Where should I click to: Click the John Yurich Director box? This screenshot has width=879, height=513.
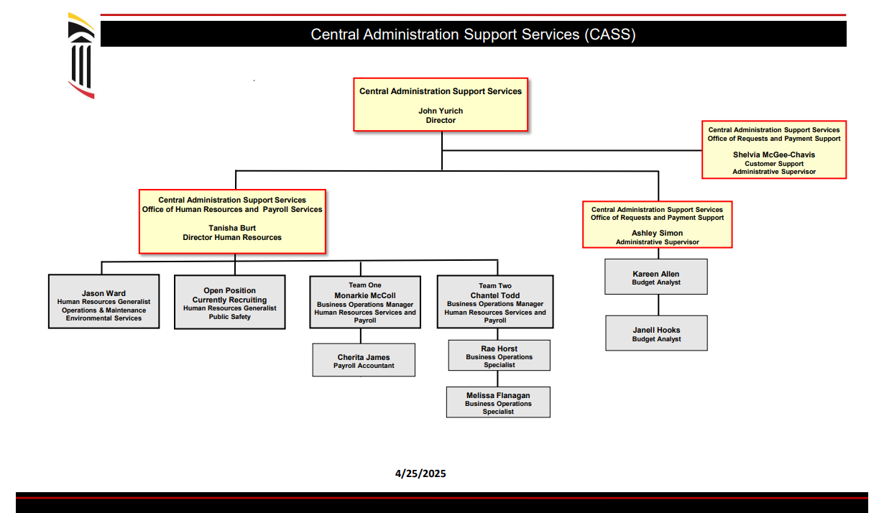(x=441, y=105)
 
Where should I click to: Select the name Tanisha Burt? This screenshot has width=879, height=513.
(x=232, y=228)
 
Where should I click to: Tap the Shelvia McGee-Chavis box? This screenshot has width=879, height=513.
(x=774, y=149)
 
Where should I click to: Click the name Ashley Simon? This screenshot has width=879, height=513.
(x=657, y=233)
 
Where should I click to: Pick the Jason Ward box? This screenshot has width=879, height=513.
(x=103, y=302)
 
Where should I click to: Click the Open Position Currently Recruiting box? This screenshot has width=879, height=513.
(x=229, y=302)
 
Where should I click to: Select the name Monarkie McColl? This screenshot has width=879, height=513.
(x=365, y=295)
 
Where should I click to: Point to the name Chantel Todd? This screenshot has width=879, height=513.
(x=495, y=295)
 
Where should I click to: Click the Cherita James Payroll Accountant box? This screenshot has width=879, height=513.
(x=364, y=360)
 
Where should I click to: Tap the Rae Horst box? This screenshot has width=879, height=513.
(x=499, y=356)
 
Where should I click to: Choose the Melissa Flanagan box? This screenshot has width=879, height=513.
(x=498, y=402)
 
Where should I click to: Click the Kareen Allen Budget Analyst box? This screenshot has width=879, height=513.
(x=656, y=277)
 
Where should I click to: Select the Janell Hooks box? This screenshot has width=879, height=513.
(x=656, y=333)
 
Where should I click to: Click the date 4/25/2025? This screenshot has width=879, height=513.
(x=420, y=473)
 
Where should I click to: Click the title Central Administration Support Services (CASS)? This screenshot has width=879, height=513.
(x=473, y=34)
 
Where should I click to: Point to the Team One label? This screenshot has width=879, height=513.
(x=365, y=285)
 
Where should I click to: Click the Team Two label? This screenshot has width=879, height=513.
(x=495, y=286)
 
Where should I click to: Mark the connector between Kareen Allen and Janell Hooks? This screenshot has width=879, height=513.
(x=658, y=305)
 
